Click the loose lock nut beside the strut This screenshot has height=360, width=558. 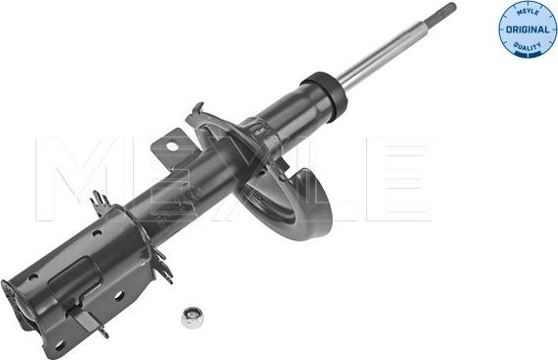(x=191, y=318)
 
